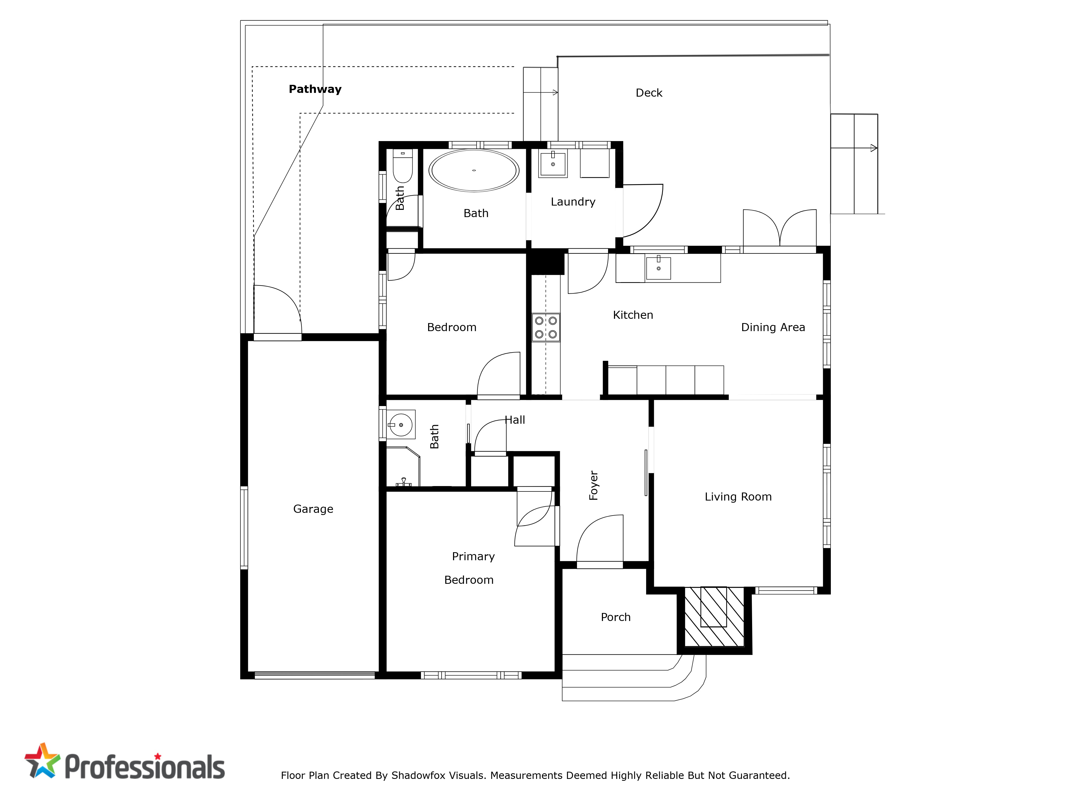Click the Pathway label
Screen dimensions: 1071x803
[x=315, y=89]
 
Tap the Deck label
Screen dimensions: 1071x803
[x=649, y=93]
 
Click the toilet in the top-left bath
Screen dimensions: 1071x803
[x=402, y=165]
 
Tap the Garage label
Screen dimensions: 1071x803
[x=313, y=509]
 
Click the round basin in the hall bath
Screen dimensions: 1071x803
[x=401, y=425]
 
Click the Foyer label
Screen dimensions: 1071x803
[x=594, y=485]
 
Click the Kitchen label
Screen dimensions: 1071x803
[x=633, y=315]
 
